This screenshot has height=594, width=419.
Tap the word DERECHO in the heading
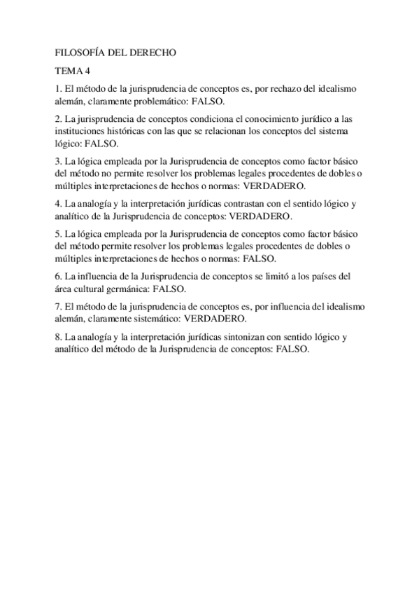click(x=154, y=52)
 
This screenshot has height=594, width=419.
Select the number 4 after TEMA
click(x=89, y=71)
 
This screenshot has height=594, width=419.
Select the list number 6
click(x=57, y=276)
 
